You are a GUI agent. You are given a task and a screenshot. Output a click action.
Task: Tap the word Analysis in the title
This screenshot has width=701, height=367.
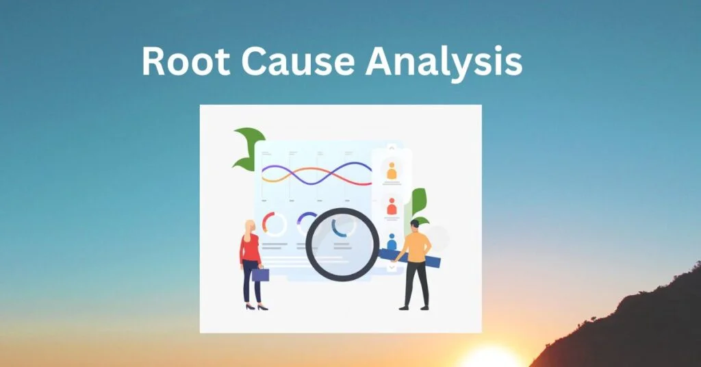pyautogui.click(x=444, y=63)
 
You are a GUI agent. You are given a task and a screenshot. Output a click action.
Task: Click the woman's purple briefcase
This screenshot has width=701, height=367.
pyautogui.click(x=260, y=275)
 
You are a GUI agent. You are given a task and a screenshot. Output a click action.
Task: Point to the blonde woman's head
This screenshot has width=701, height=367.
pyautogui.click(x=250, y=227)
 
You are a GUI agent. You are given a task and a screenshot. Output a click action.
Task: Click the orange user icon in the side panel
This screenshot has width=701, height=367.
pyautogui.click(x=392, y=171)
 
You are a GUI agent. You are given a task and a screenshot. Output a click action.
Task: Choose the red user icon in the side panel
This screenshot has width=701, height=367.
pyautogui.click(x=392, y=207)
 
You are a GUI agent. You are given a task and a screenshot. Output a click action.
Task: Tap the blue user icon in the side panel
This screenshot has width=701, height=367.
pyautogui.click(x=392, y=242)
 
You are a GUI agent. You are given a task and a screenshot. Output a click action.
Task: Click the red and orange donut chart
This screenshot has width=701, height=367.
pyautogui.click(x=275, y=224)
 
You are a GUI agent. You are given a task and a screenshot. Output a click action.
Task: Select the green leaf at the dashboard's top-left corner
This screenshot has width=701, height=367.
pyautogui.click(x=248, y=147)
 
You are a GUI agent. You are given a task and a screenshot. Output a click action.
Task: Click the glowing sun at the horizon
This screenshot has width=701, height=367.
pyautogui.click(x=490, y=358)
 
